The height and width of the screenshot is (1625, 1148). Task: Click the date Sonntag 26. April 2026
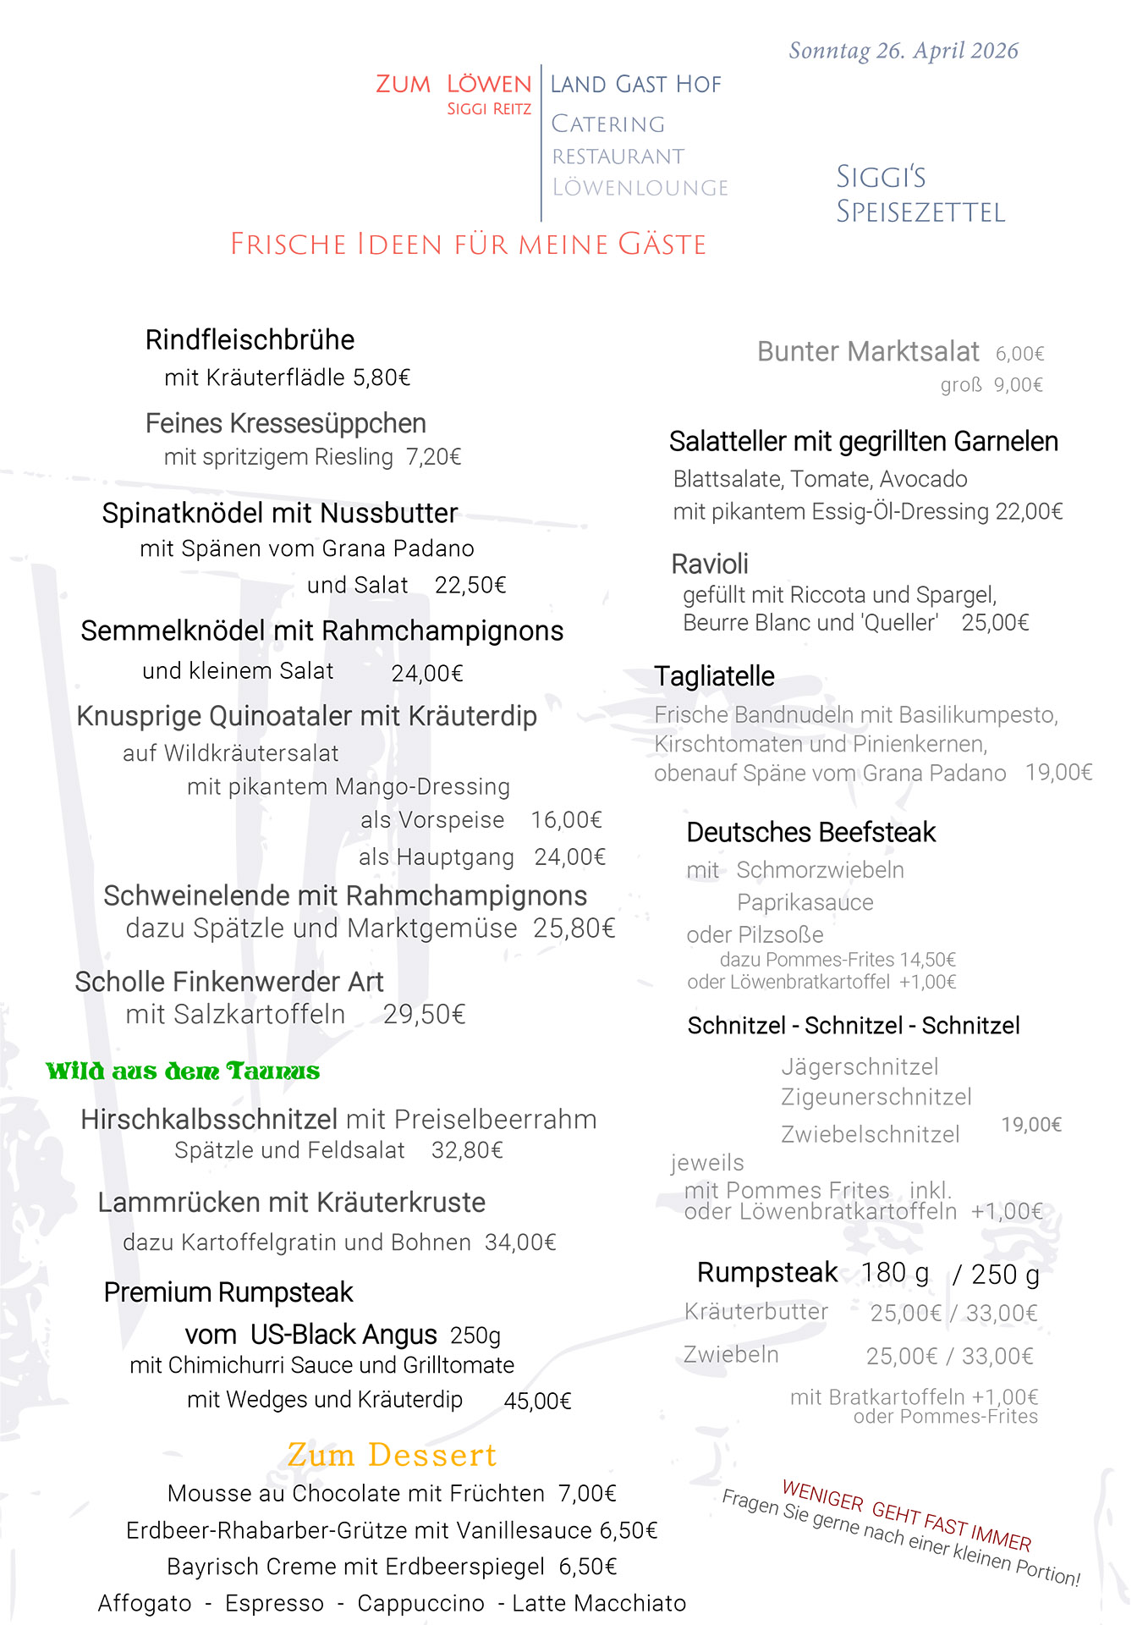tap(903, 52)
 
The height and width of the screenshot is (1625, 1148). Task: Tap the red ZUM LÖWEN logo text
tap(453, 85)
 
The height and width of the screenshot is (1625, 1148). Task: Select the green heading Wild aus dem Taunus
tap(183, 1071)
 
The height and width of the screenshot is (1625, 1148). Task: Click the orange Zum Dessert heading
tap(392, 1455)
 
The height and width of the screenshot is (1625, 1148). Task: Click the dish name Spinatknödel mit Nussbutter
tap(280, 513)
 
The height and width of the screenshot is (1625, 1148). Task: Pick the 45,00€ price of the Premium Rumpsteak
tap(537, 1402)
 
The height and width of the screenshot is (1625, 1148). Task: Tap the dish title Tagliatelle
tap(714, 676)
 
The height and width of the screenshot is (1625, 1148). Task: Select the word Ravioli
tap(709, 564)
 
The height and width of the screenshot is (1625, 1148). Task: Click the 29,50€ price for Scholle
tap(424, 1014)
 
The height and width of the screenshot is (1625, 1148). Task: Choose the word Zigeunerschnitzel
tap(876, 1097)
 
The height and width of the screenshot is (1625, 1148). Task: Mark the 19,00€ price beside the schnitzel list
tap(1031, 1125)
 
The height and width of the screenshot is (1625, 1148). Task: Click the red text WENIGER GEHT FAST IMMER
tap(906, 1515)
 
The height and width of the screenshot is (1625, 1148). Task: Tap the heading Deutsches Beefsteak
tap(810, 833)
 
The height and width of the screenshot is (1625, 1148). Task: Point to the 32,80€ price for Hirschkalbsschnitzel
tap(467, 1150)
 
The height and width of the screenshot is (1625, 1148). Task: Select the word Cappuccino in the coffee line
tap(420, 1603)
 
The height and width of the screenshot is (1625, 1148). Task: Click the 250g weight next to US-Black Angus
tap(475, 1336)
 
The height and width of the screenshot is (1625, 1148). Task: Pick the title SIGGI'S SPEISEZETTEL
tap(920, 194)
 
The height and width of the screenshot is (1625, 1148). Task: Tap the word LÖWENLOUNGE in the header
tap(640, 188)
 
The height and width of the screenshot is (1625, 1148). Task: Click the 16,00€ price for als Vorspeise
tap(566, 820)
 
